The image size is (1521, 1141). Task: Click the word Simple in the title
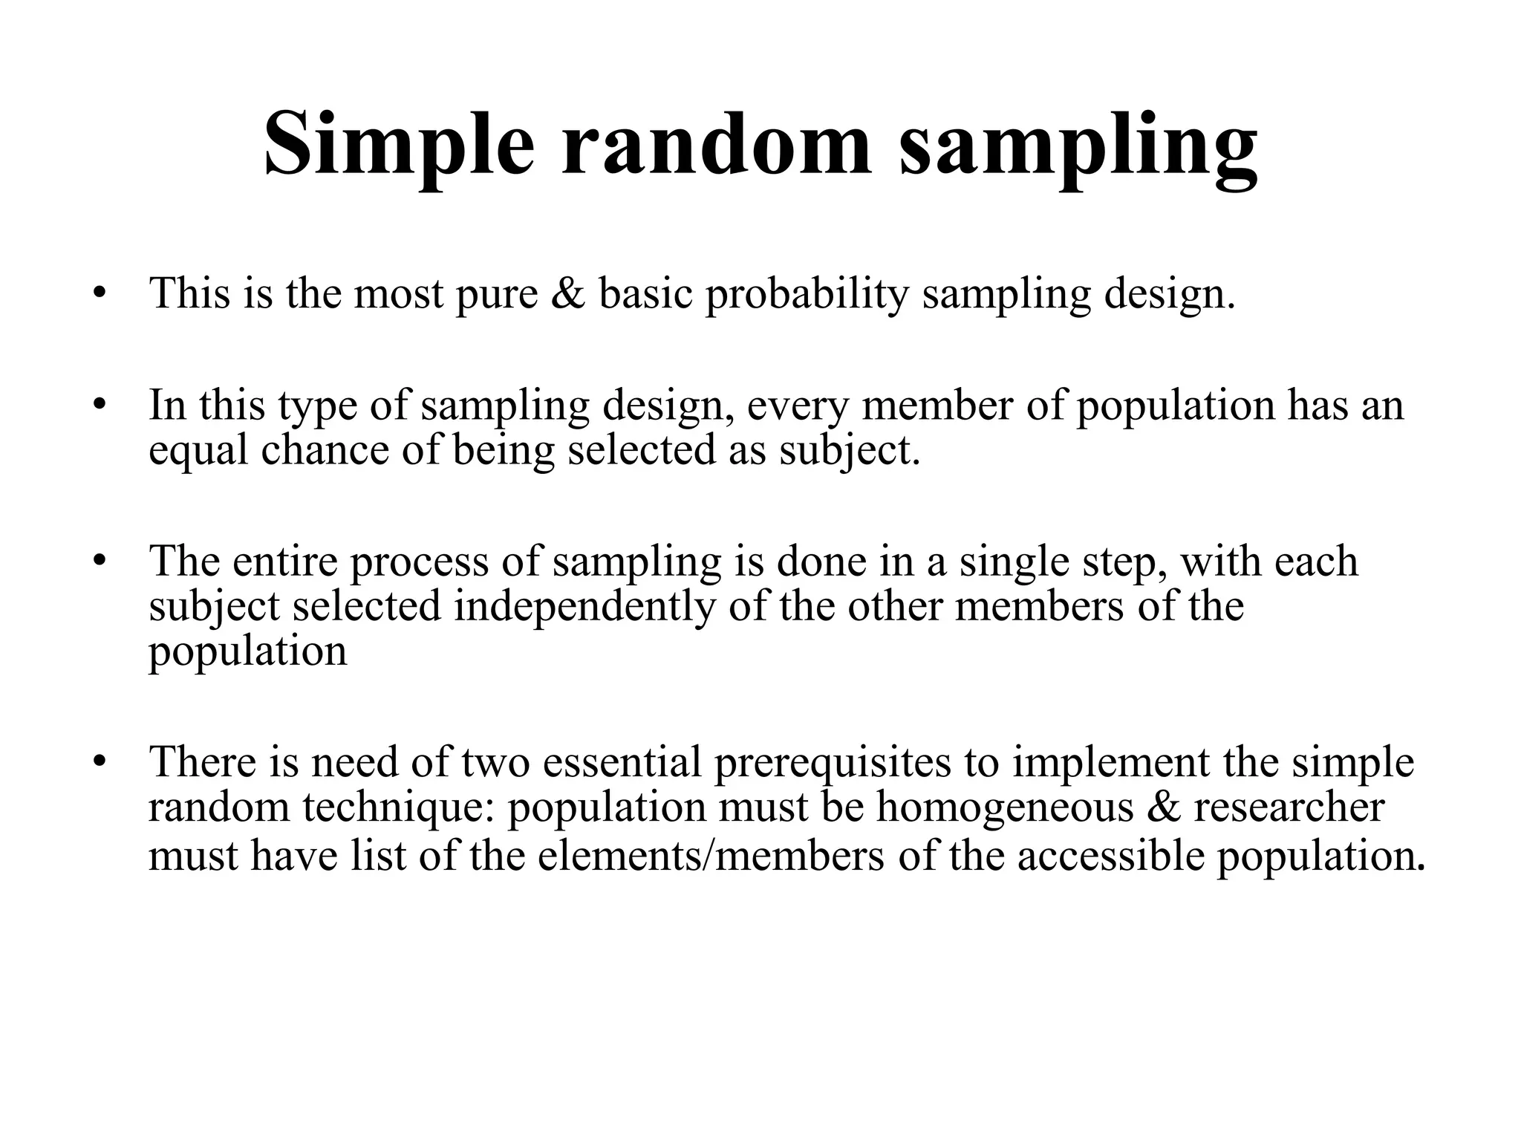click(x=399, y=145)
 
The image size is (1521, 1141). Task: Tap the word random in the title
click(x=715, y=145)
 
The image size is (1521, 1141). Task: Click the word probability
click(x=807, y=294)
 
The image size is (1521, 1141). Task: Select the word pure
click(x=496, y=296)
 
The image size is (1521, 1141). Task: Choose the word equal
click(x=198, y=452)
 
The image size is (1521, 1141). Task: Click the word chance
click(x=325, y=450)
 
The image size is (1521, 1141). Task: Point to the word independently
click(x=584, y=608)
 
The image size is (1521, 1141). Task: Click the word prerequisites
click(x=832, y=764)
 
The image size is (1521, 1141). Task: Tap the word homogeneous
click(x=1005, y=808)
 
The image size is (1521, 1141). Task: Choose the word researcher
click(x=1289, y=807)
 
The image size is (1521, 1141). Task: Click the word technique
click(x=399, y=808)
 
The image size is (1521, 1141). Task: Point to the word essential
click(x=622, y=762)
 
